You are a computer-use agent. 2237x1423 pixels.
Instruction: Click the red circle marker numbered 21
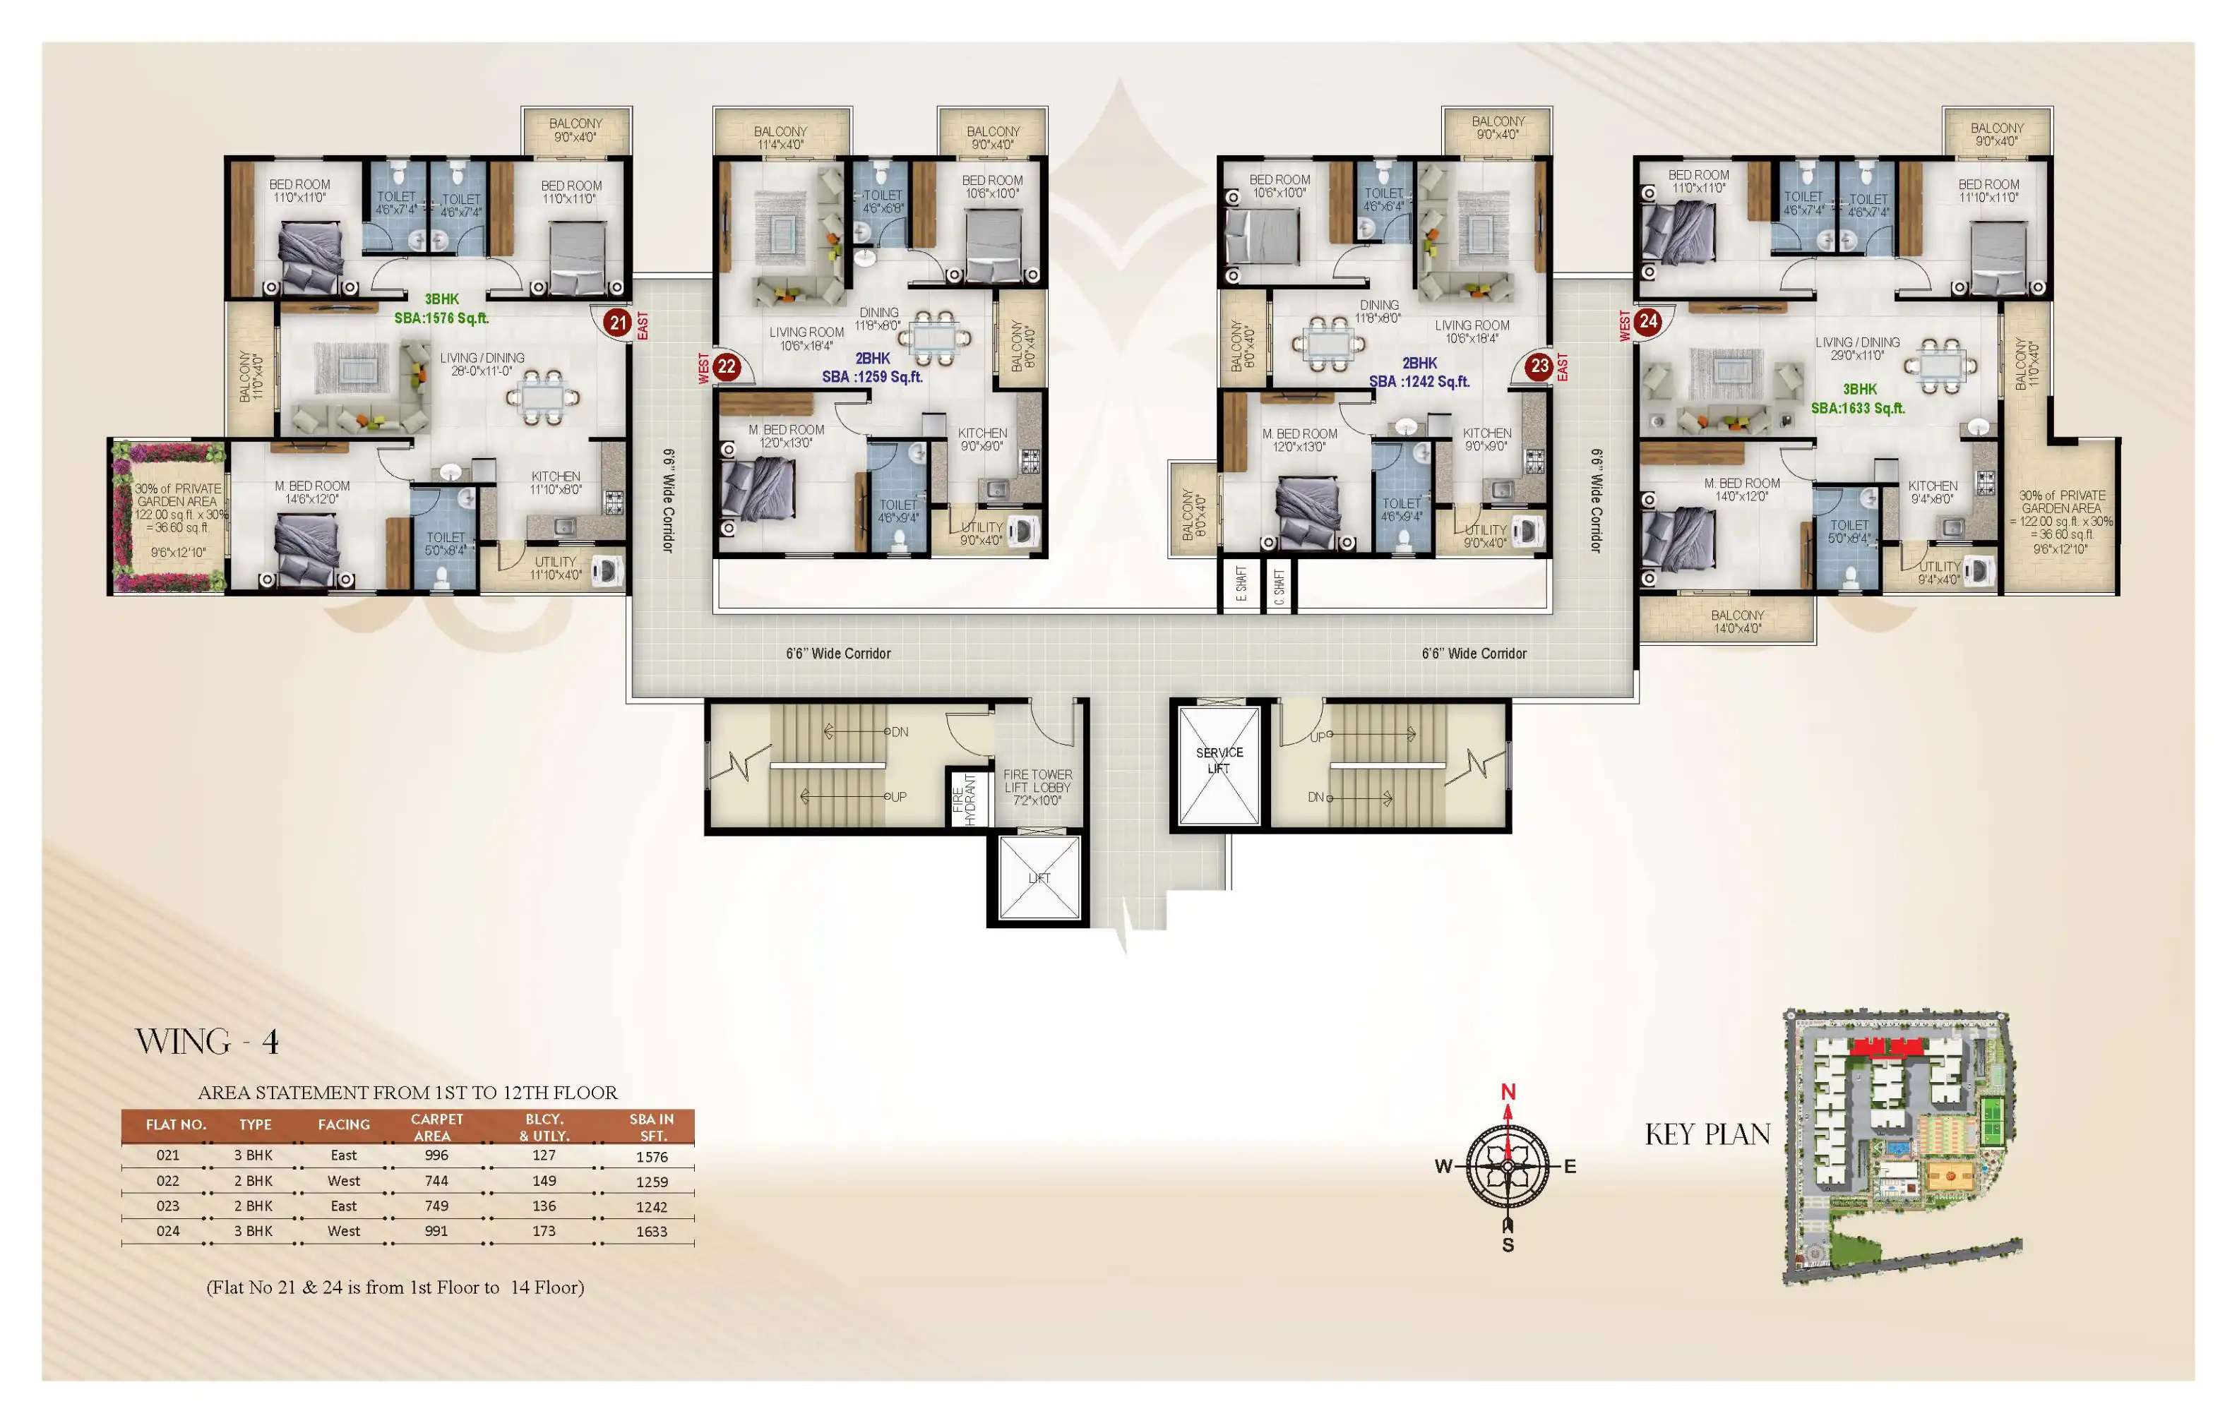[x=618, y=323]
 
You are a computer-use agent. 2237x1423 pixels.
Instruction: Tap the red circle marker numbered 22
[x=727, y=367]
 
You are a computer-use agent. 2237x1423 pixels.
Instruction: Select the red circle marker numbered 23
[x=1539, y=366]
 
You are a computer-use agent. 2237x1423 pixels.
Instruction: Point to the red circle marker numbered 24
[x=1648, y=321]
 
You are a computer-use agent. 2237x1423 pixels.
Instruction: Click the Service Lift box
[x=1219, y=765]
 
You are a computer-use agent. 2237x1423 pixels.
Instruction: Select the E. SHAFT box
[x=1241, y=585]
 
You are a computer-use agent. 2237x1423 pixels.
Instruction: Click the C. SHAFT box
[x=1279, y=586]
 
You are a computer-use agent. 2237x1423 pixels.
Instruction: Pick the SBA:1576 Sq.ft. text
[x=441, y=318]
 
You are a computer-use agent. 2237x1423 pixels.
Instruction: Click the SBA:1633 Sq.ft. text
[x=1858, y=408]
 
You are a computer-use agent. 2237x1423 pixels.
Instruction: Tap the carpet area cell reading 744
[x=436, y=1181]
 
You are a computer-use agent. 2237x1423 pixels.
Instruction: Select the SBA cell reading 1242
[x=651, y=1206]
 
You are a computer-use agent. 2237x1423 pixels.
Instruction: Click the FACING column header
[x=344, y=1125]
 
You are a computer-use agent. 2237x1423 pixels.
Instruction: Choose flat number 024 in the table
[x=168, y=1231]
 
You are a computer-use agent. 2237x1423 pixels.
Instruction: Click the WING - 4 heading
[x=207, y=1041]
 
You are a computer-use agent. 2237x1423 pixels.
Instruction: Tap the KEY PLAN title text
[x=1707, y=1134]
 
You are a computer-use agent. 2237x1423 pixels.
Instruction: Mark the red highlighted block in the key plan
[x=1886, y=1047]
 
